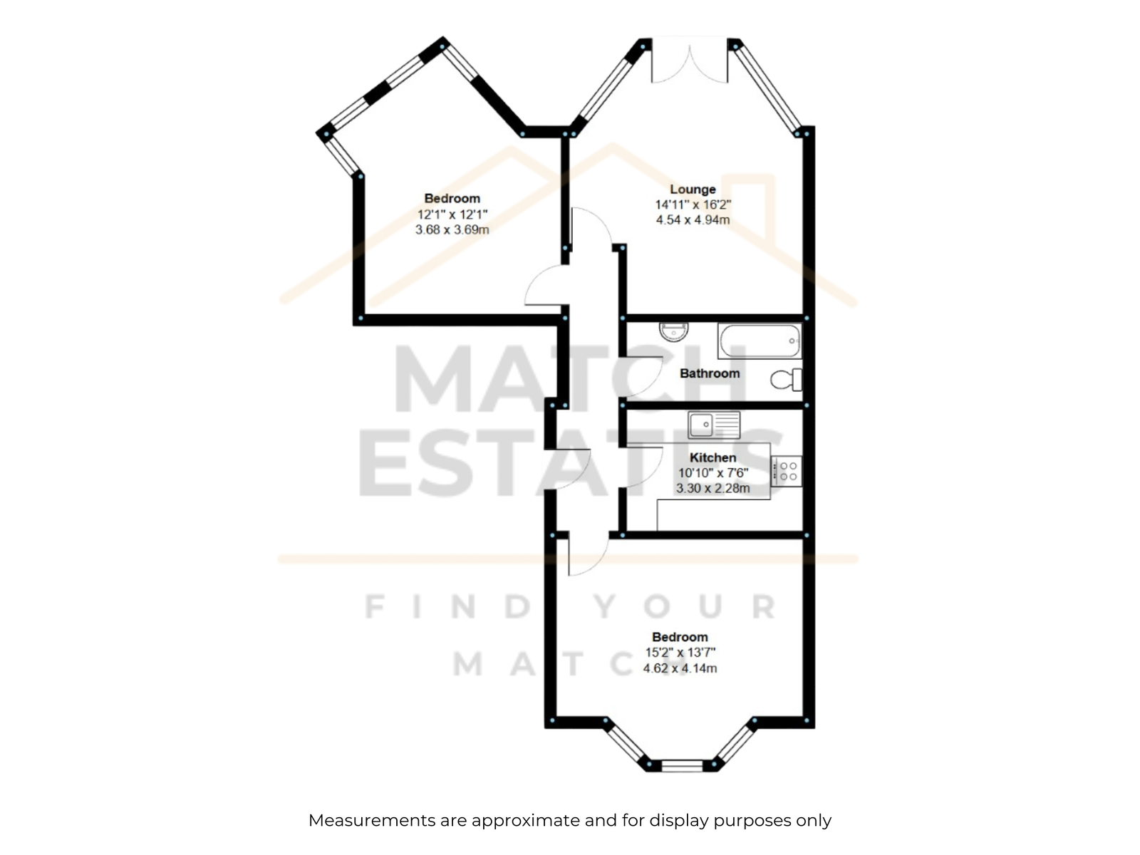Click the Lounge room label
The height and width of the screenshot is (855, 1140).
(x=693, y=190)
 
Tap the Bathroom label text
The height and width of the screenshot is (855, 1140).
(x=710, y=373)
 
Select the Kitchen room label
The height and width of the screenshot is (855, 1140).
(x=712, y=457)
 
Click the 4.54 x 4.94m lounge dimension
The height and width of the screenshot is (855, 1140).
(x=693, y=219)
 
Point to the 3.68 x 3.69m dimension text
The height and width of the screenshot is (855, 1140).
(x=452, y=229)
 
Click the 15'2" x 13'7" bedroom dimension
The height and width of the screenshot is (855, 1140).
(x=680, y=653)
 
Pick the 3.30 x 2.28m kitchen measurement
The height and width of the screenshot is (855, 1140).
(x=712, y=488)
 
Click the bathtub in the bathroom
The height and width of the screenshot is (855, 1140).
(x=760, y=341)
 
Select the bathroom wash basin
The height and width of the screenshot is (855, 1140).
(x=673, y=331)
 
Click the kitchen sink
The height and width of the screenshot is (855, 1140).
(x=714, y=425)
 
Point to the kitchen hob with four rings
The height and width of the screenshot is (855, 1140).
(x=787, y=472)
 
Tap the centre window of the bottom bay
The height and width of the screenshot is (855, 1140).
(x=682, y=765)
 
